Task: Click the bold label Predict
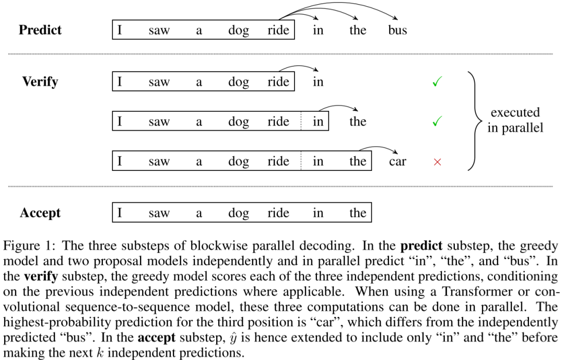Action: (x=40, y=30)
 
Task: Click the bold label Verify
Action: (x=40, y=82)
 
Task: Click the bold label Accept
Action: (x=40, y=213)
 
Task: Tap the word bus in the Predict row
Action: (x=397, y=30)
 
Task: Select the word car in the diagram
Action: (x=397, y=161)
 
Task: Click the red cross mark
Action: (x=438, y=162)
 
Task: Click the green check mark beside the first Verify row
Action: (x=438, y=82)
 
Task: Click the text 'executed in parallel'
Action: (x=515, y=120)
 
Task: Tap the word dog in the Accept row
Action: (x=239, y=213)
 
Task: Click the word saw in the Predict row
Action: (x=159, y=31)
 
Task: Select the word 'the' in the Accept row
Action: (x=358, y=213)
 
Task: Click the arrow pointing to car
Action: (x=378, y=147)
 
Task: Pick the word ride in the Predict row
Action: (x=278, y=30)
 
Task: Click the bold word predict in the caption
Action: (x=421, y=246)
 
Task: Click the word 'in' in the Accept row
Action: (x=318, y=213)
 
